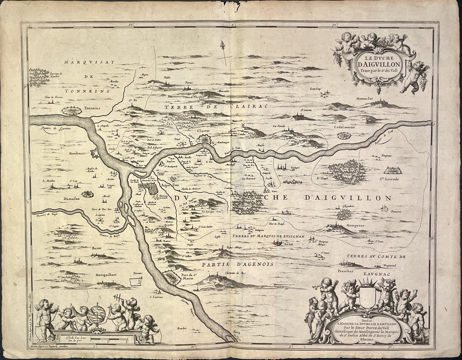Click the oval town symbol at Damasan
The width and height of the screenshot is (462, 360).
pyautogui.click(x=86, y=194)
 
